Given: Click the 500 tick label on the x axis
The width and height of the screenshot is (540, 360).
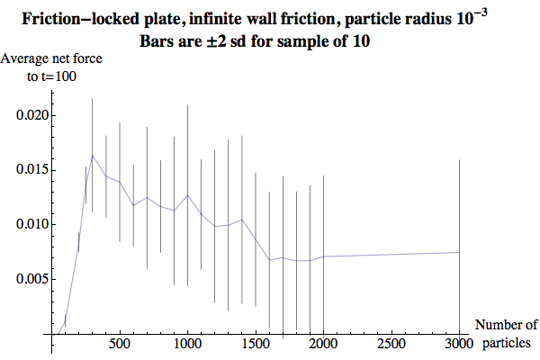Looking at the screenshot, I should click(120, 345).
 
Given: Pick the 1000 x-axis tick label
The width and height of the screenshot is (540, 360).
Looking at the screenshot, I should click(187, 345).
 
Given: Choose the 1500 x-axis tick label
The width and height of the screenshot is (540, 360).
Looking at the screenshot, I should click(256, 345).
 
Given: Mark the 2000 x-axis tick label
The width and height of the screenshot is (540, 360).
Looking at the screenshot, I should click(323, 345).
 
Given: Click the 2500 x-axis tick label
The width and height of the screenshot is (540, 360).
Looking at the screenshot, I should click(391, 345).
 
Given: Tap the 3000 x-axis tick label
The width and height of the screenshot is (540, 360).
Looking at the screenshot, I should click(459, 345).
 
